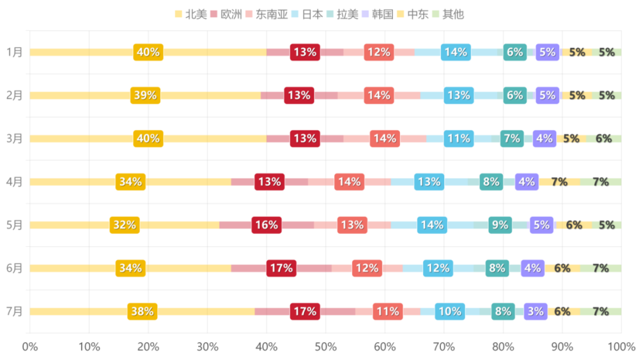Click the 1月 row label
(14, 52)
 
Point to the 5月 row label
(14, 225)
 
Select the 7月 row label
(14, 311)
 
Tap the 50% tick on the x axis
(326, 347)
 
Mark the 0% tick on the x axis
(30, 347)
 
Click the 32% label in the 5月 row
(124, 225)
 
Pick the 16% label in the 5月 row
(266, 225)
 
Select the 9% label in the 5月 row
(500, 225)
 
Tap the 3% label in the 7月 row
(535, 311)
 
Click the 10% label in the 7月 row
(450, 311)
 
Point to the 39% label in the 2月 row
(145, 95)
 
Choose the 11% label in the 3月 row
(459, 139)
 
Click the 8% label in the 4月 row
(491, 182)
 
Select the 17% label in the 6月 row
(281, 268)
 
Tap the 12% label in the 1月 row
(379, 52)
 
